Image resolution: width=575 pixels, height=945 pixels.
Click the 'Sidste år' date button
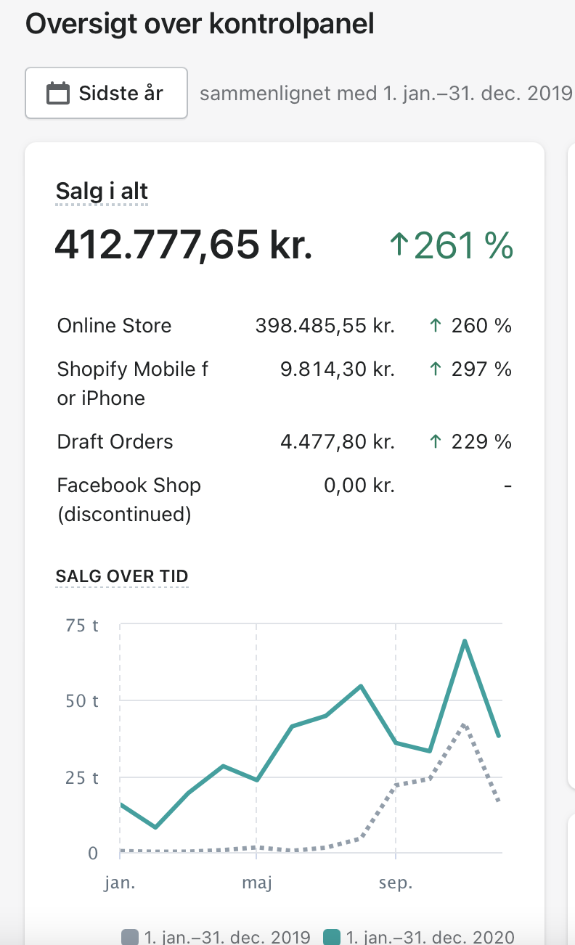pyautogui.click(x=106, y=93)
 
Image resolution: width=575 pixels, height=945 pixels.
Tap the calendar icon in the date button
pyautogui.click(x=58, y=94)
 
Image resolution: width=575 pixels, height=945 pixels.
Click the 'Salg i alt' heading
pyautogui.click(x=102, y=192)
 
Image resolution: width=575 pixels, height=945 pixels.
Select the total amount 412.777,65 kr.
pyautogui.click(x=184, y=245)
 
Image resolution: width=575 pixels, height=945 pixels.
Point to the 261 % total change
pyautogui.click(x=452, y=245)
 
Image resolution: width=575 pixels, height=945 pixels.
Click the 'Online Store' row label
pyautogui.click(x=114, y=325)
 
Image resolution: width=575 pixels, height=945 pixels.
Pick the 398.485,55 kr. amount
pyautogui.click(x=325, y=325)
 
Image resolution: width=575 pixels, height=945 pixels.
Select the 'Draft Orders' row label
pyautogui.click(x=115, y=442)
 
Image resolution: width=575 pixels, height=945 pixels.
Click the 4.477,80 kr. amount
pyautogui.click(x=337, y=442)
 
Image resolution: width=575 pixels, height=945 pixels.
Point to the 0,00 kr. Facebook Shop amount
pyautogui.click(x=359, y=486)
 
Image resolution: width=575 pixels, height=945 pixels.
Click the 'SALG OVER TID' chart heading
pyautogui.click(x=122, y=576)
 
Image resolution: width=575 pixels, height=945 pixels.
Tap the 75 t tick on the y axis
pyautogui.click(x=82, y=625)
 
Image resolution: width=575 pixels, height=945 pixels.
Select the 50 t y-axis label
pyautogui.click(x=82, y=701)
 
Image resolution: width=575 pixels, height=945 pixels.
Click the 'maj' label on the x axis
pyautogui.click(x=256, y=883)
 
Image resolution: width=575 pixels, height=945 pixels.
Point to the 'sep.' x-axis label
pyautogui.click(x=396, y=883)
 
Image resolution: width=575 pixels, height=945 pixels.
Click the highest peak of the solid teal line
pyautogui.click(x=464, y=641)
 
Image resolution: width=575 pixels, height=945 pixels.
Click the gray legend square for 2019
pyautogui.click(x=129, y=937)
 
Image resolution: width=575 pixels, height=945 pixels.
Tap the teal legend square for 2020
pyautogui.click(x=331, y=937)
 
